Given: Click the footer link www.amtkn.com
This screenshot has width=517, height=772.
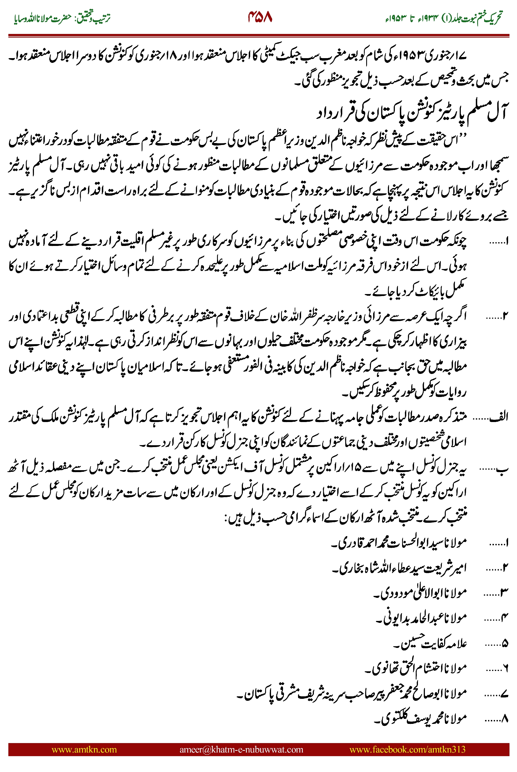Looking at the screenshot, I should tap(84, 749).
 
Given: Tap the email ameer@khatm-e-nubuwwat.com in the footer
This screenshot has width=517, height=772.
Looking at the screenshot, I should tap(241, 749).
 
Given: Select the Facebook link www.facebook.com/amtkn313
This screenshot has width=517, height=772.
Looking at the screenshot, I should tap(407, 749).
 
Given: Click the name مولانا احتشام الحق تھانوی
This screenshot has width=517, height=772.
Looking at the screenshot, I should tap(417, 668).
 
